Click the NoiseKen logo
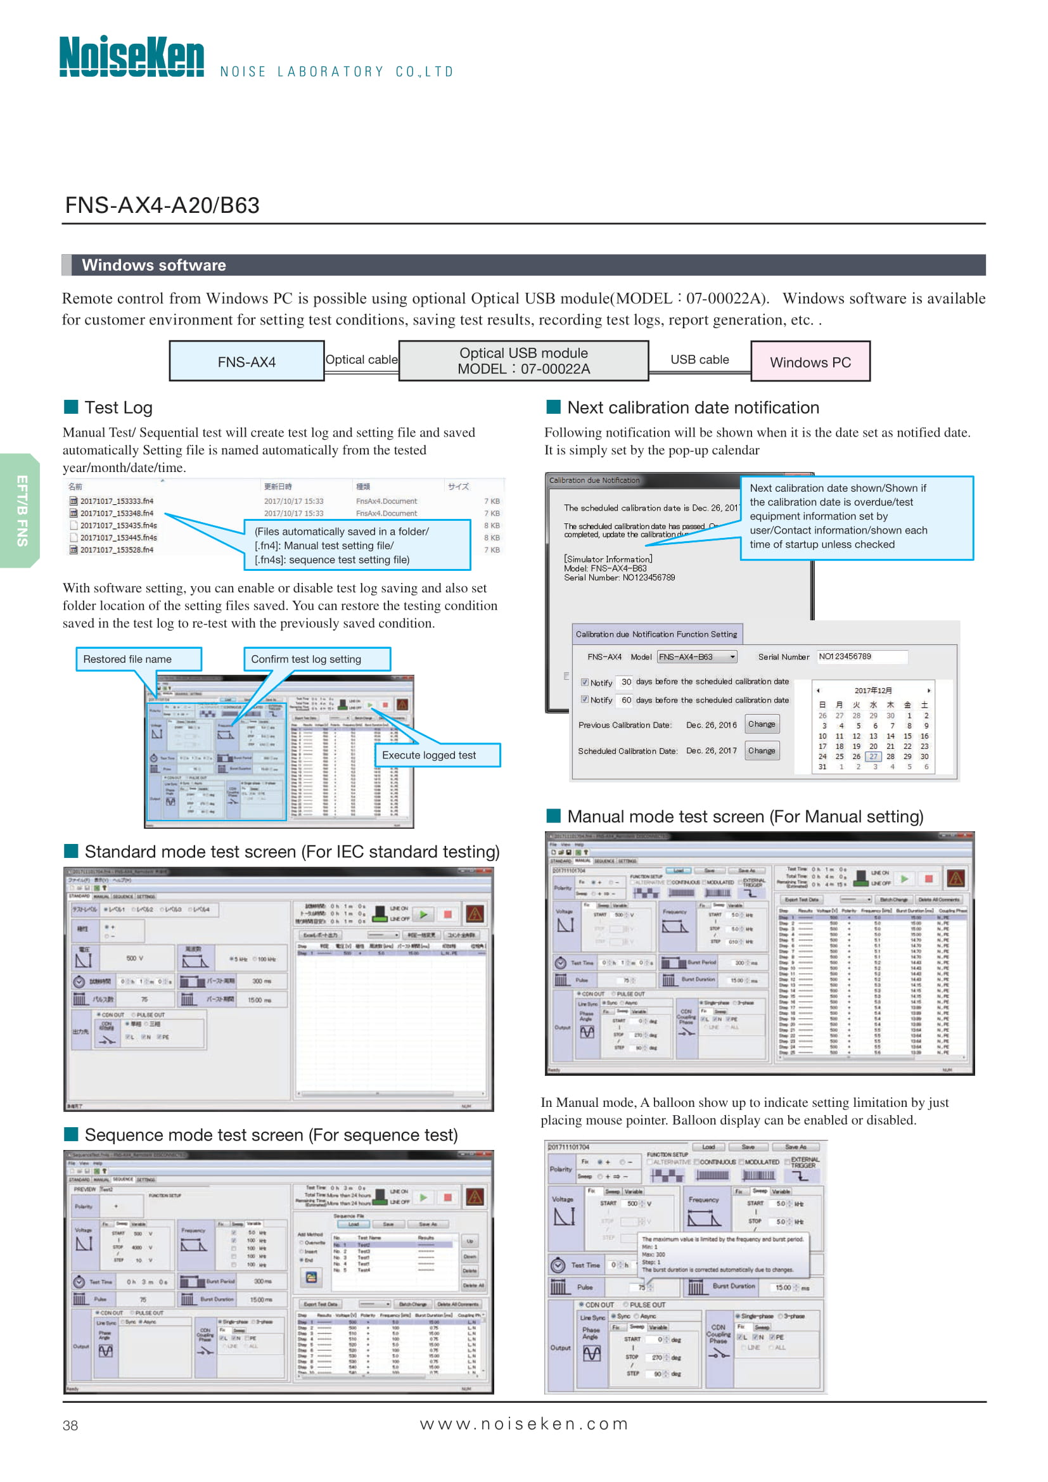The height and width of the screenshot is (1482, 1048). (132, 57)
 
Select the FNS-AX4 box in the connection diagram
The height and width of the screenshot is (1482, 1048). (246, 361)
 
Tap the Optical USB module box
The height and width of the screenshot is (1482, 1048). (523, 361)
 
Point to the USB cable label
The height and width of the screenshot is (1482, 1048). (699, 359)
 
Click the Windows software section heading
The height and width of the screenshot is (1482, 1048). (153, 265)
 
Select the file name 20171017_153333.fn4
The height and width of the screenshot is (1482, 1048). (116, 501)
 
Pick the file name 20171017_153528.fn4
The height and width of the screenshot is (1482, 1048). (116, 550)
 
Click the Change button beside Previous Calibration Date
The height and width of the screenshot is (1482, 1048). (762, 724)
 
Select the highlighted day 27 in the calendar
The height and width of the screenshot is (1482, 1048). (872, 757)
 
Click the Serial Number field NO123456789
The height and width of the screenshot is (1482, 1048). (861, 656)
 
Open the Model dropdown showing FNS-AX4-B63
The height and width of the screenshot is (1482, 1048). (697, 657)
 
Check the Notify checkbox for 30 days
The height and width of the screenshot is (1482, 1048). (585, 682)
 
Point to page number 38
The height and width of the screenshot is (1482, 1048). (70, 1425)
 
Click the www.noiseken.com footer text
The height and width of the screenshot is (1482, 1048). (523, 1424)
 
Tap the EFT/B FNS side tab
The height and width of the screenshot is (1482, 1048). (22, 511)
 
